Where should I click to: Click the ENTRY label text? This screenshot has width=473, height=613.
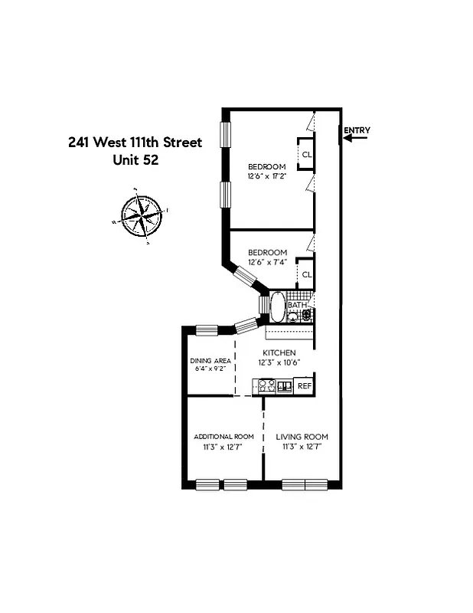[x=356, y=130]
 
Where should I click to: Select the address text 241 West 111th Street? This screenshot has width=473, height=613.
[x=135, y=143]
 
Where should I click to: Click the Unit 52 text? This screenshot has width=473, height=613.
[x=135, y=160]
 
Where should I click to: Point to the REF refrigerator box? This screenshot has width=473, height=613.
[x=304, y=385]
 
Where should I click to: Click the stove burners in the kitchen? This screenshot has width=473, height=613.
[x=266, y=385]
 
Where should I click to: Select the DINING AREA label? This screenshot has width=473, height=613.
[x=210, y=360]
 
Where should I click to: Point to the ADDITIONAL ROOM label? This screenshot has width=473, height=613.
[x=223, y=436]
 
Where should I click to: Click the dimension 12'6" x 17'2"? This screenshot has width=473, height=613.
[x=266, y=176]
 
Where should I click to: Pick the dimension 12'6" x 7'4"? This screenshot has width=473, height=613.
[x=267, y=262]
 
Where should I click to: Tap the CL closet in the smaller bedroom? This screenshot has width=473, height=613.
[x=306, y=274]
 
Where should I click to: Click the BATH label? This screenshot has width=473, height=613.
[x=296, y=305]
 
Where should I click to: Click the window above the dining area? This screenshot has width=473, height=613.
[x=207, y=330]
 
